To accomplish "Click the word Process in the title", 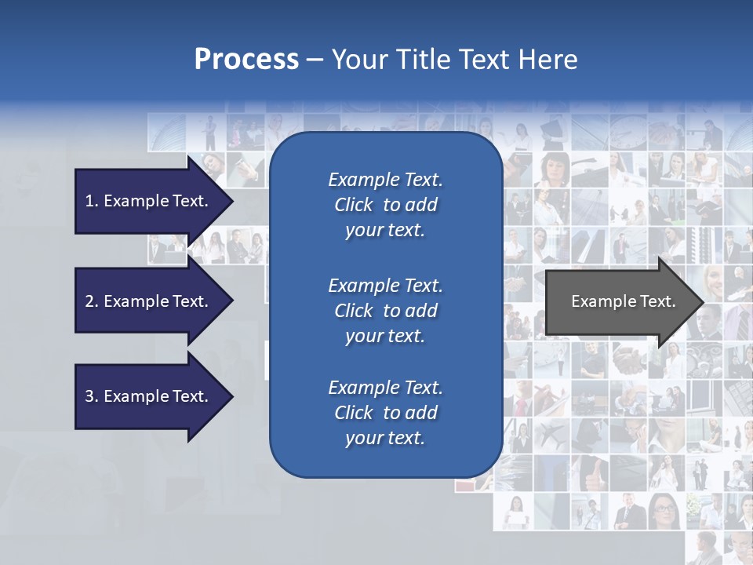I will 246,60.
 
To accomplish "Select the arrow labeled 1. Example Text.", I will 149,201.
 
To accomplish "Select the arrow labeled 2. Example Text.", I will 149,301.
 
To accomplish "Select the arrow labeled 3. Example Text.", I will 149,396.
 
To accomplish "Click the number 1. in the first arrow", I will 92,201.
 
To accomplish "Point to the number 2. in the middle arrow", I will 92,301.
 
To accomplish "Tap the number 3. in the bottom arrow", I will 92,396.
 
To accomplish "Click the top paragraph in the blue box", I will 385,205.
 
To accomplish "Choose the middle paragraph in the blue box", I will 385,311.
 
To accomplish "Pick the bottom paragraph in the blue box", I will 385,413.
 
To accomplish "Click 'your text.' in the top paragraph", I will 385,231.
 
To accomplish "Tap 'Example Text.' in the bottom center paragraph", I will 385,388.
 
